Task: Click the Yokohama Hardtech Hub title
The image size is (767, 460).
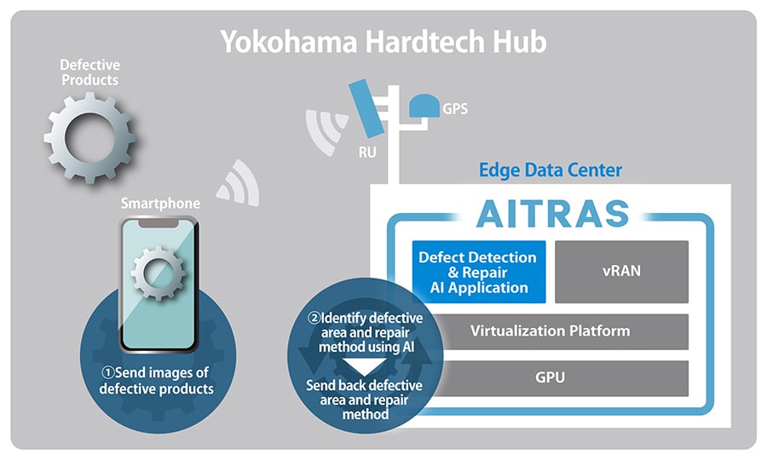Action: pos(383,43)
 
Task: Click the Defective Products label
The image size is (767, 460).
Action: pos(89,72)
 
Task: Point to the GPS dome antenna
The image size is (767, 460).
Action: pos(424,106)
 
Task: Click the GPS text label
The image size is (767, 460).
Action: pos(455,109)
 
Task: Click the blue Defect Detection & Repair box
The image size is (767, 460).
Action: pos(477,272)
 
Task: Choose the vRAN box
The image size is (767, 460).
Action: pos(621,272)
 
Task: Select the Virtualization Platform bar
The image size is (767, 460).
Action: pos(550,331)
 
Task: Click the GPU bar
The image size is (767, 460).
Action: pos(550,377)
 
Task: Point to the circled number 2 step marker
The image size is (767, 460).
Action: pos(314,319)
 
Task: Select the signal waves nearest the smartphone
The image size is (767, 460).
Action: pos(236,182)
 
